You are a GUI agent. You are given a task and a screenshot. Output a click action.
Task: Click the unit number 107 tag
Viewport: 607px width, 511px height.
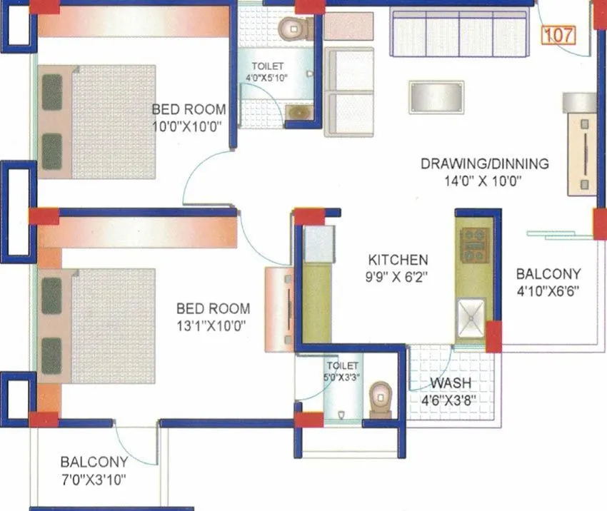[x=560, y=34]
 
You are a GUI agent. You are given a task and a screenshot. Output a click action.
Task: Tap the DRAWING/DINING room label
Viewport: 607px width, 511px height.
[x=484, y=163]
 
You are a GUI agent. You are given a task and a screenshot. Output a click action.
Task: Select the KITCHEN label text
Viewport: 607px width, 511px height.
[x=398, y=260]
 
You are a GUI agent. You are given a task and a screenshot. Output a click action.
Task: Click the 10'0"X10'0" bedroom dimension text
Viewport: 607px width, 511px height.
[x=189, y=126]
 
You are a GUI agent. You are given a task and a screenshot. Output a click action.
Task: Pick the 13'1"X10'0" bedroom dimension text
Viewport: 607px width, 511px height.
[x=214, y=325]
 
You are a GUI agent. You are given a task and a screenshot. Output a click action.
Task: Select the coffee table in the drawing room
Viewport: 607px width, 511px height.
[x=436, y=96]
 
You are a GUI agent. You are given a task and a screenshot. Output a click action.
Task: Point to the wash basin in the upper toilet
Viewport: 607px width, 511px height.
[x=299, y=111]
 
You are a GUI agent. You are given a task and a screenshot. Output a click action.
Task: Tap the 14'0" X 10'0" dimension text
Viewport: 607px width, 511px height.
[x=482, y=181]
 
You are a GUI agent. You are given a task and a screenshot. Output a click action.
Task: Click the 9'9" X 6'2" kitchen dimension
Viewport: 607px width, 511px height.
[x=398, y=277]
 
